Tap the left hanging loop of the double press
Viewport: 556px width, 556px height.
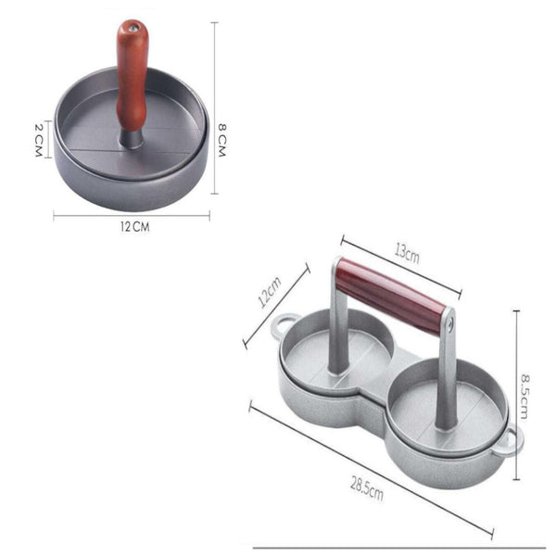(284, 326)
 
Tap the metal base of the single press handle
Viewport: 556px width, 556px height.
(133, 138)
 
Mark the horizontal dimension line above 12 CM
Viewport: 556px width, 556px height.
(132, 216)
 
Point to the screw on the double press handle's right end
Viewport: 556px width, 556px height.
(451, 322)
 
